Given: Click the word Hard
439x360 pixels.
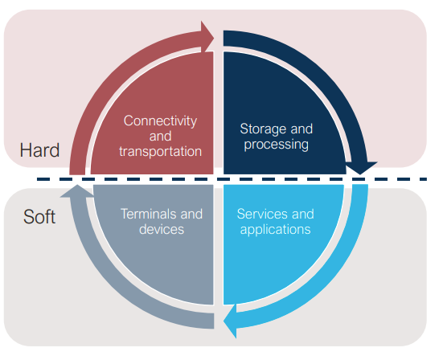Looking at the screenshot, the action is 39,150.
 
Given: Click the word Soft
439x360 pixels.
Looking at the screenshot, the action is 39,217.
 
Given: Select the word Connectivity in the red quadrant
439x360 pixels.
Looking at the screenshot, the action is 161,121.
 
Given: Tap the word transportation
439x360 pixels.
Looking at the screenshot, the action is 161,151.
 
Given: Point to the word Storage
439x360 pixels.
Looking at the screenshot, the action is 263,129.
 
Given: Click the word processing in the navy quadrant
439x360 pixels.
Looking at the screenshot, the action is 277,145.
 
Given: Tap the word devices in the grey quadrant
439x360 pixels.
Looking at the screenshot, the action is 162,229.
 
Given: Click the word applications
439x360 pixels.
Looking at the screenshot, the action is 276,230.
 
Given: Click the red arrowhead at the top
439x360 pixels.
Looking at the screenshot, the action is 207,37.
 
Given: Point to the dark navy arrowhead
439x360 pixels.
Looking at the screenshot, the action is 361,168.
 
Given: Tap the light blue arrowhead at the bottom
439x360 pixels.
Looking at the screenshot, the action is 230,321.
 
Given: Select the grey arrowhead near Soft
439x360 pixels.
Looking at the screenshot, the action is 77,191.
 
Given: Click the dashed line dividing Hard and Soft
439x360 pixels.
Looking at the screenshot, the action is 232,179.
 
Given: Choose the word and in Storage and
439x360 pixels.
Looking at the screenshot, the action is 302,129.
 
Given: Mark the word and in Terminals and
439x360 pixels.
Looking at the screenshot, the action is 191,214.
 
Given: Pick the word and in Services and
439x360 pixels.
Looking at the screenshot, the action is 303,214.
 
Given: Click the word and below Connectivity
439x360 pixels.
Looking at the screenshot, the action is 161,137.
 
